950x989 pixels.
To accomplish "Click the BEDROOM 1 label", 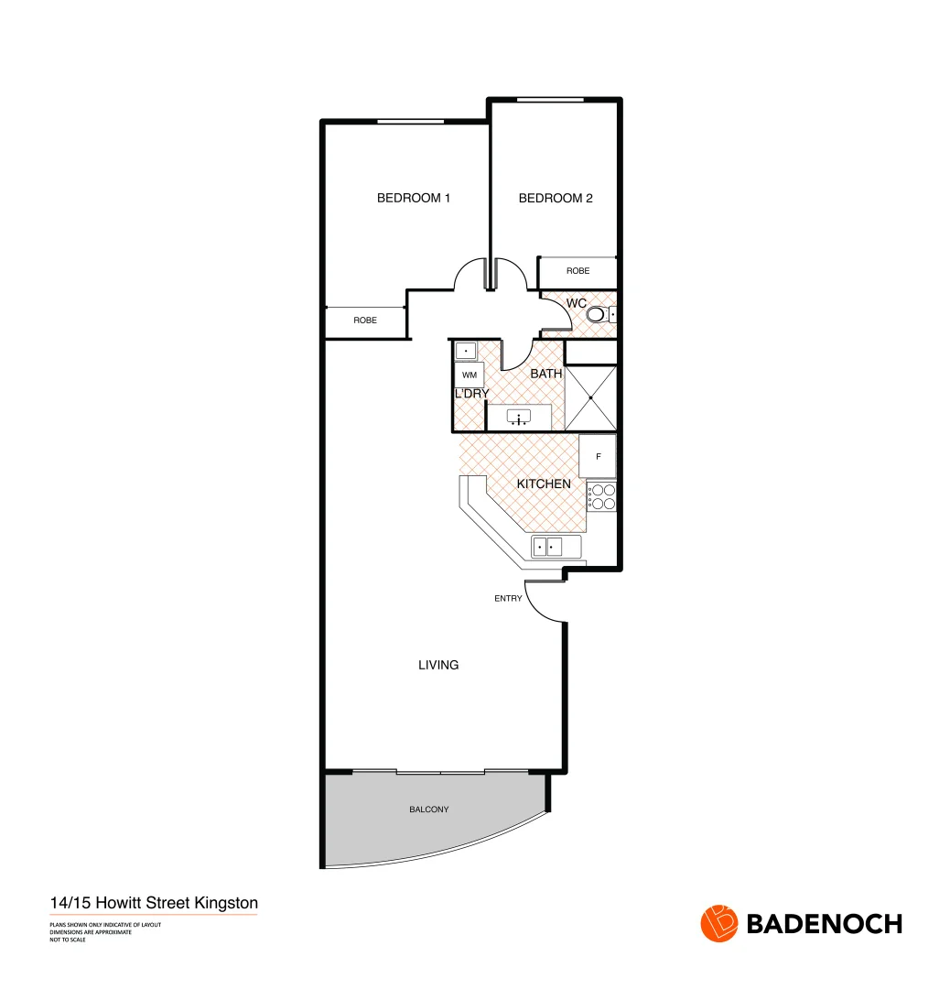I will [x=414, y=198].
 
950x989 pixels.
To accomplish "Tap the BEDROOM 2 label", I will [x=556, y=198].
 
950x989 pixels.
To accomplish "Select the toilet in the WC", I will [x=597, y=315].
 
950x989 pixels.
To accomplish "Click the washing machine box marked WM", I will [x=470, y=375].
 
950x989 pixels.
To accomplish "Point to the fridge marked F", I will [x=598, y=456].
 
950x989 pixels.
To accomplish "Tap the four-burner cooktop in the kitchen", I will [x=602, y=496].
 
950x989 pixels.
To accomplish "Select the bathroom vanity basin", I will [x=519, y=418].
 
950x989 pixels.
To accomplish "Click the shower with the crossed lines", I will [x=590, y=397].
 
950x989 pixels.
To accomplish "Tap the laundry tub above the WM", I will [x=467, y=350].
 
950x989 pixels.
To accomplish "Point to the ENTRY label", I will [x=508, y=598].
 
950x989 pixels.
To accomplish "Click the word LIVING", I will [x=438, y=665].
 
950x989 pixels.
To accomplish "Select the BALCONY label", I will [x=429, y=810].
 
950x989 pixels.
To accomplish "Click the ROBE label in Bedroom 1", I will [x=365, y=321].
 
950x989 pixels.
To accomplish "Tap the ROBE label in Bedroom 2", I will [x=578, y=271].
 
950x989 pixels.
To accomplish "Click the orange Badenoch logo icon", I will [x=718, y=923].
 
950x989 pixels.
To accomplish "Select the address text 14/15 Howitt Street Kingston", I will [x=154, y=903].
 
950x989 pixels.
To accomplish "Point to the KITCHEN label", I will [x=544, y=484].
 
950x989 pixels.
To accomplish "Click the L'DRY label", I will [x=472, y=394].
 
